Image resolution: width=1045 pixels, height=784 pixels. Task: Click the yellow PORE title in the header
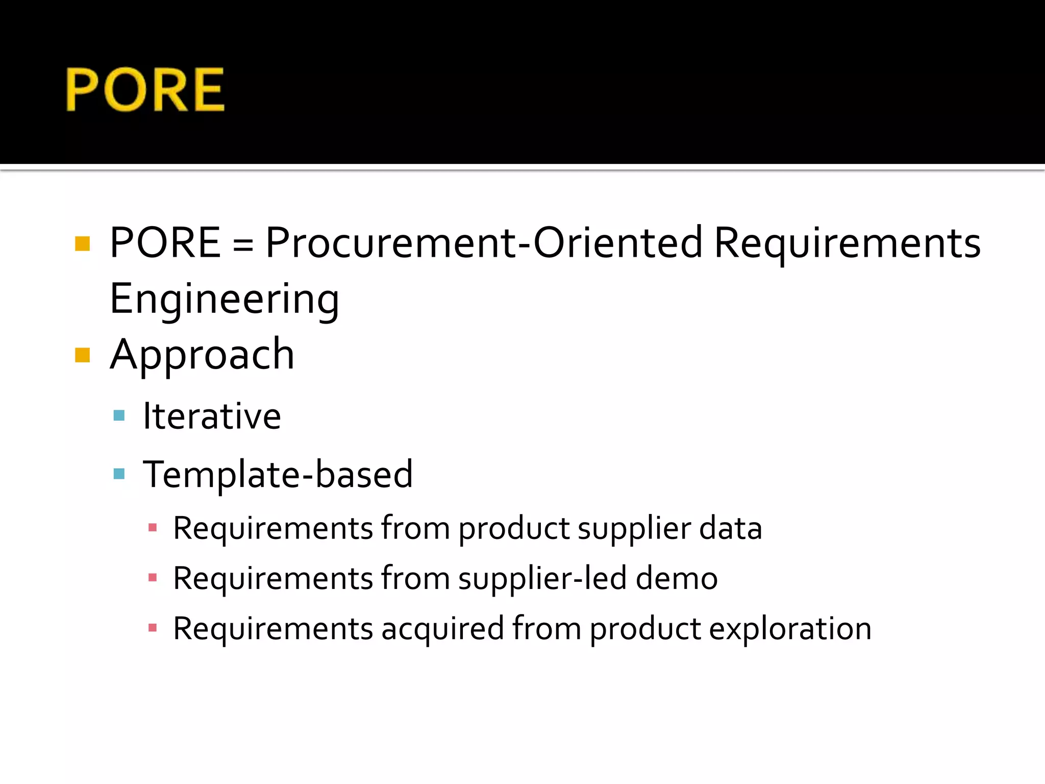(145, 90)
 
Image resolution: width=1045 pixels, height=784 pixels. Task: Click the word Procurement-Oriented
(484, 243)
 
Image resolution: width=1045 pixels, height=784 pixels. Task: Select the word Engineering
(225, 300)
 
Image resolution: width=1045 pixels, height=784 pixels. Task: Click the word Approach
(202, 355)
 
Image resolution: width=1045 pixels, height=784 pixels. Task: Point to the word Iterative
(212, 416)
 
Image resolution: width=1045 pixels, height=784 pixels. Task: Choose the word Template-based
(278, 475)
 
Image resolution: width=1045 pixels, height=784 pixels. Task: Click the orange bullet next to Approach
(82, 355)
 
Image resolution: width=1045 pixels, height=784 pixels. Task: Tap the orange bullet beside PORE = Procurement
(82, 244)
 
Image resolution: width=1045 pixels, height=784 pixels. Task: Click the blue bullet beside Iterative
(119, 415)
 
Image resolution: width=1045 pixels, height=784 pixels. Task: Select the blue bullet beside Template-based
(119, 474)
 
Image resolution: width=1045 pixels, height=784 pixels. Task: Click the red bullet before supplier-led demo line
(152, 578)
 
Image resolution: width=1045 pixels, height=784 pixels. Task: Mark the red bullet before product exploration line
(152, 628)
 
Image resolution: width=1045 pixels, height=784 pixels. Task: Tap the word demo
(677, 579)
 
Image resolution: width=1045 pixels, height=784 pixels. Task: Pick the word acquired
(442, 630)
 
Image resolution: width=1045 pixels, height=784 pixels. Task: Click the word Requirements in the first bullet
(847, 243)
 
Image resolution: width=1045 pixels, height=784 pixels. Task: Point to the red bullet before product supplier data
(152, 528)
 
